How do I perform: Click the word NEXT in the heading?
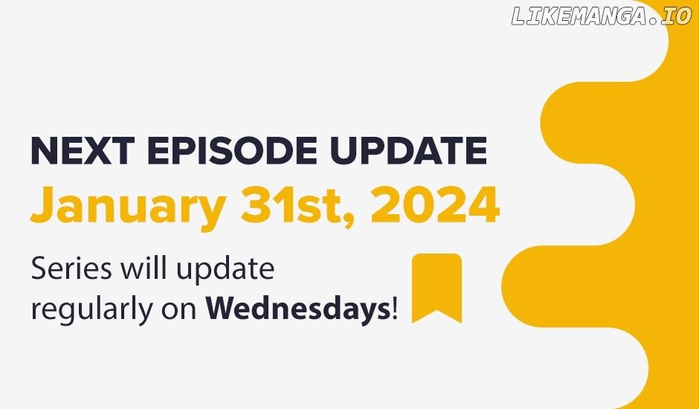click(83, 151)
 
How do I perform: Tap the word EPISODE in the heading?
click(232, 151)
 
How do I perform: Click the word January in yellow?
click(128, 207)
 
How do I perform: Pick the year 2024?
click(435, 204)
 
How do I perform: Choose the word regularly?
click(91, 309)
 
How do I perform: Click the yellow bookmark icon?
click(437, 288)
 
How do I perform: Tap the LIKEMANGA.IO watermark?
click(602, 16)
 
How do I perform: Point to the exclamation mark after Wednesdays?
click(394, 309)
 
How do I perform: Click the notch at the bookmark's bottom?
click(437, 310)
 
